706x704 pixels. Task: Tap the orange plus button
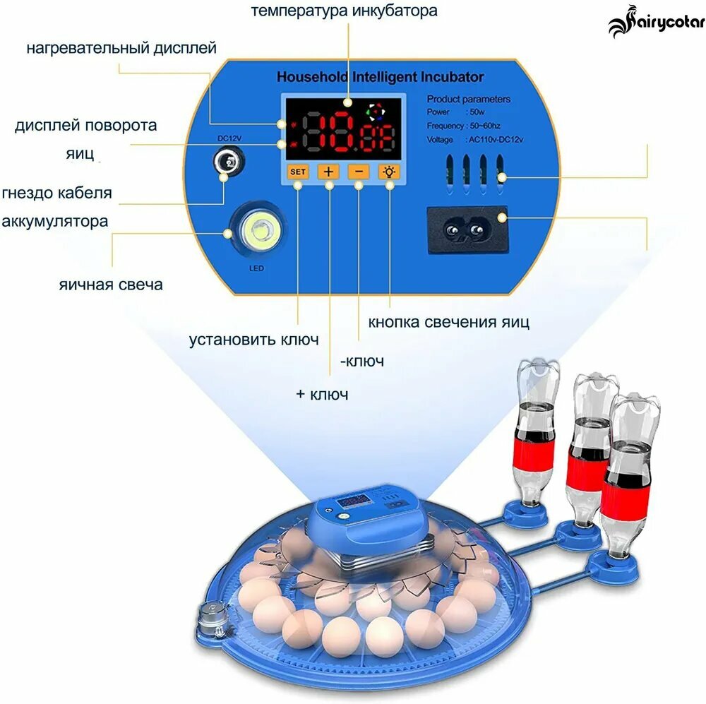[x=328, y=172]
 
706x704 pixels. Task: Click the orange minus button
[x=359, y=172]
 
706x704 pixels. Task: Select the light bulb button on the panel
[x=389, y=172]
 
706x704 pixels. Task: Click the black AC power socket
[x=468, y=229]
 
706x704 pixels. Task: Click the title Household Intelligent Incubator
[x=380, y=77]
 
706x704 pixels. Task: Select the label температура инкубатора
[x=345, y=11]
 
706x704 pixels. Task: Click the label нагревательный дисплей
[x=121, y=48]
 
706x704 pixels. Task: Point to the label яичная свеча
[x=111, y=285]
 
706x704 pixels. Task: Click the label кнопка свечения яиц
[x=448, y=323]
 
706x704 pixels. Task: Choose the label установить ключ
[x=253, y=340]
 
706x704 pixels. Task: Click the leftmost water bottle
[x=536, y=438]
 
